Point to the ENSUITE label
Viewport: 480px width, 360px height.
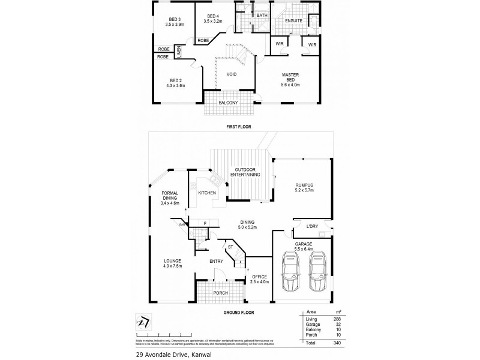(293, 20)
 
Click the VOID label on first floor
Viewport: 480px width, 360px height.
(231, 74)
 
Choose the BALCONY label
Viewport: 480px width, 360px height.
(229, 103)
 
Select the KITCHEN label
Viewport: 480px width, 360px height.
(207, 193)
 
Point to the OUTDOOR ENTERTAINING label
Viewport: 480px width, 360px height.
(247, 172)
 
